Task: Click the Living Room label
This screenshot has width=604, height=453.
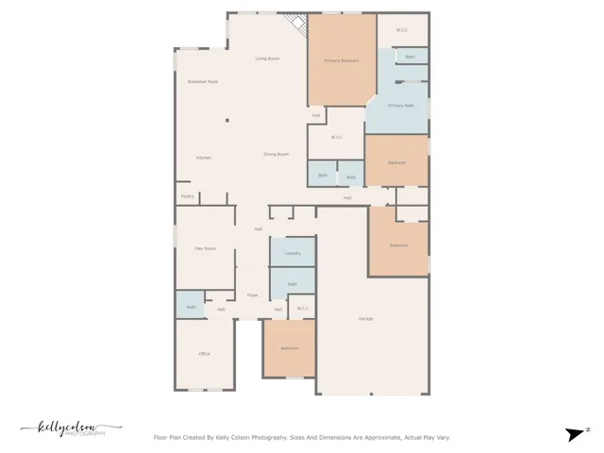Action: pyautogui.click(x=267, y=59)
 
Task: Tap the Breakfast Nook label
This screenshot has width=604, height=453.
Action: pyautogui.click(x=203, y=82)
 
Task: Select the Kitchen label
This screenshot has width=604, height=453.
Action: pyautogui.click(x=203, y=158)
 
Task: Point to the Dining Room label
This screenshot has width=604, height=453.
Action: pyautogui.click(x=276, y=154)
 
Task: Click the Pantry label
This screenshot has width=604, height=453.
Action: pyautogui.click(x=187, y=196)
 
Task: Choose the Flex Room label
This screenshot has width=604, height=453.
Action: pyautogui.click(x=205, y=248)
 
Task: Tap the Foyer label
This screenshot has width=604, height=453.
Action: pyautogui.click(x=253, y=295)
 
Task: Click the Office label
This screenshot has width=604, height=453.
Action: pyautogui.click(x=204, y=354)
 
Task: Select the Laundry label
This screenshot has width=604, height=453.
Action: pyautogui.click(x=292, y=253)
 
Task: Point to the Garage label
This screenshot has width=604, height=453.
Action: pyautogui.click(x=365, y=318)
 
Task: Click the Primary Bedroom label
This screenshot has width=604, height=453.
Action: pyautogui.click(x=342, y=60)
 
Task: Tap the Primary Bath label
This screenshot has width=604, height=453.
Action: pyautogui.click(x=401, y=106)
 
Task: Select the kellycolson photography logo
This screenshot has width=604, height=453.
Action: pyautogui.click(x=71, y=428)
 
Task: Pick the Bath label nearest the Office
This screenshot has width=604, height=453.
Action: pyautogui.click(x=191, y=307)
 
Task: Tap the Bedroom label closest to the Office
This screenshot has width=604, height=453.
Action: pyautogui.click(x=289, y=349)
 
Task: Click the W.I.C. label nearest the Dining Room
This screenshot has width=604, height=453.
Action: pyautogui.click(x=337, y=138)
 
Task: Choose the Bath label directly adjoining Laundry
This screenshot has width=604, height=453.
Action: pyautogui.click(x=292, y=283)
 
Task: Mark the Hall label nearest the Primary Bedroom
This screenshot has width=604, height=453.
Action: pyautogui.click(x=316, y=115)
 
